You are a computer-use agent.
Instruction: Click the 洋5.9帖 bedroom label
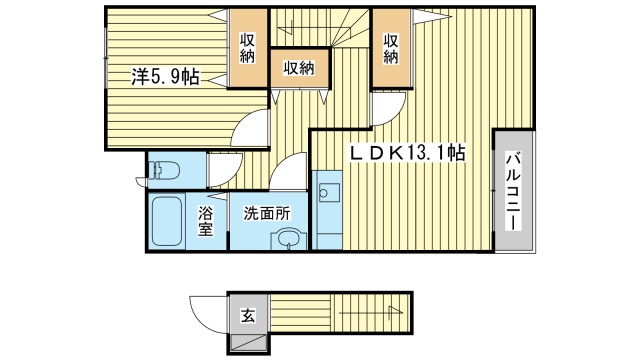(x=161, y=75)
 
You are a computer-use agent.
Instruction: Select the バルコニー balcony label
(x=511, y=190)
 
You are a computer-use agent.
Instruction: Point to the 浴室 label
(x=204, y=221)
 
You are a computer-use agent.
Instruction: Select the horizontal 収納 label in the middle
(x=298, y=68)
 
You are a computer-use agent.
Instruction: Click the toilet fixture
(x=163, y=171)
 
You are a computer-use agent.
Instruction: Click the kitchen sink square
(x=328, y=191)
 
